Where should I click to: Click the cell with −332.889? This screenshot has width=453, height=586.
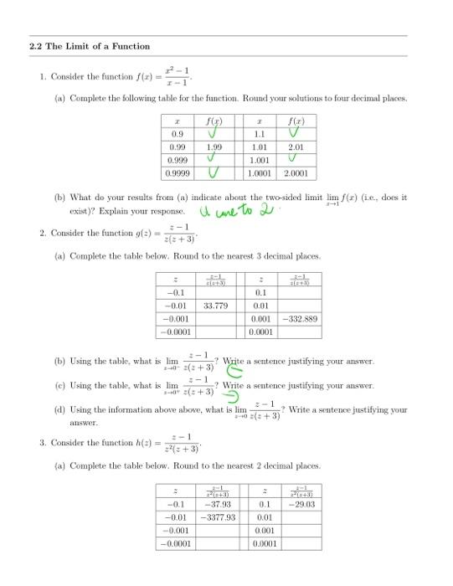coord(298,319)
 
